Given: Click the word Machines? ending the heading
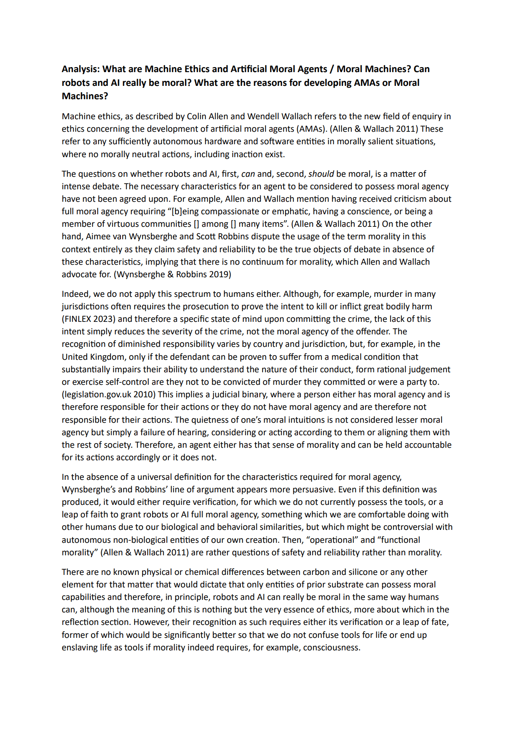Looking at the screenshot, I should click(85, 96).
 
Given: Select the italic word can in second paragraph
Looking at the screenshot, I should click(248, 174).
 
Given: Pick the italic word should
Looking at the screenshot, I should click(321, 174).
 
